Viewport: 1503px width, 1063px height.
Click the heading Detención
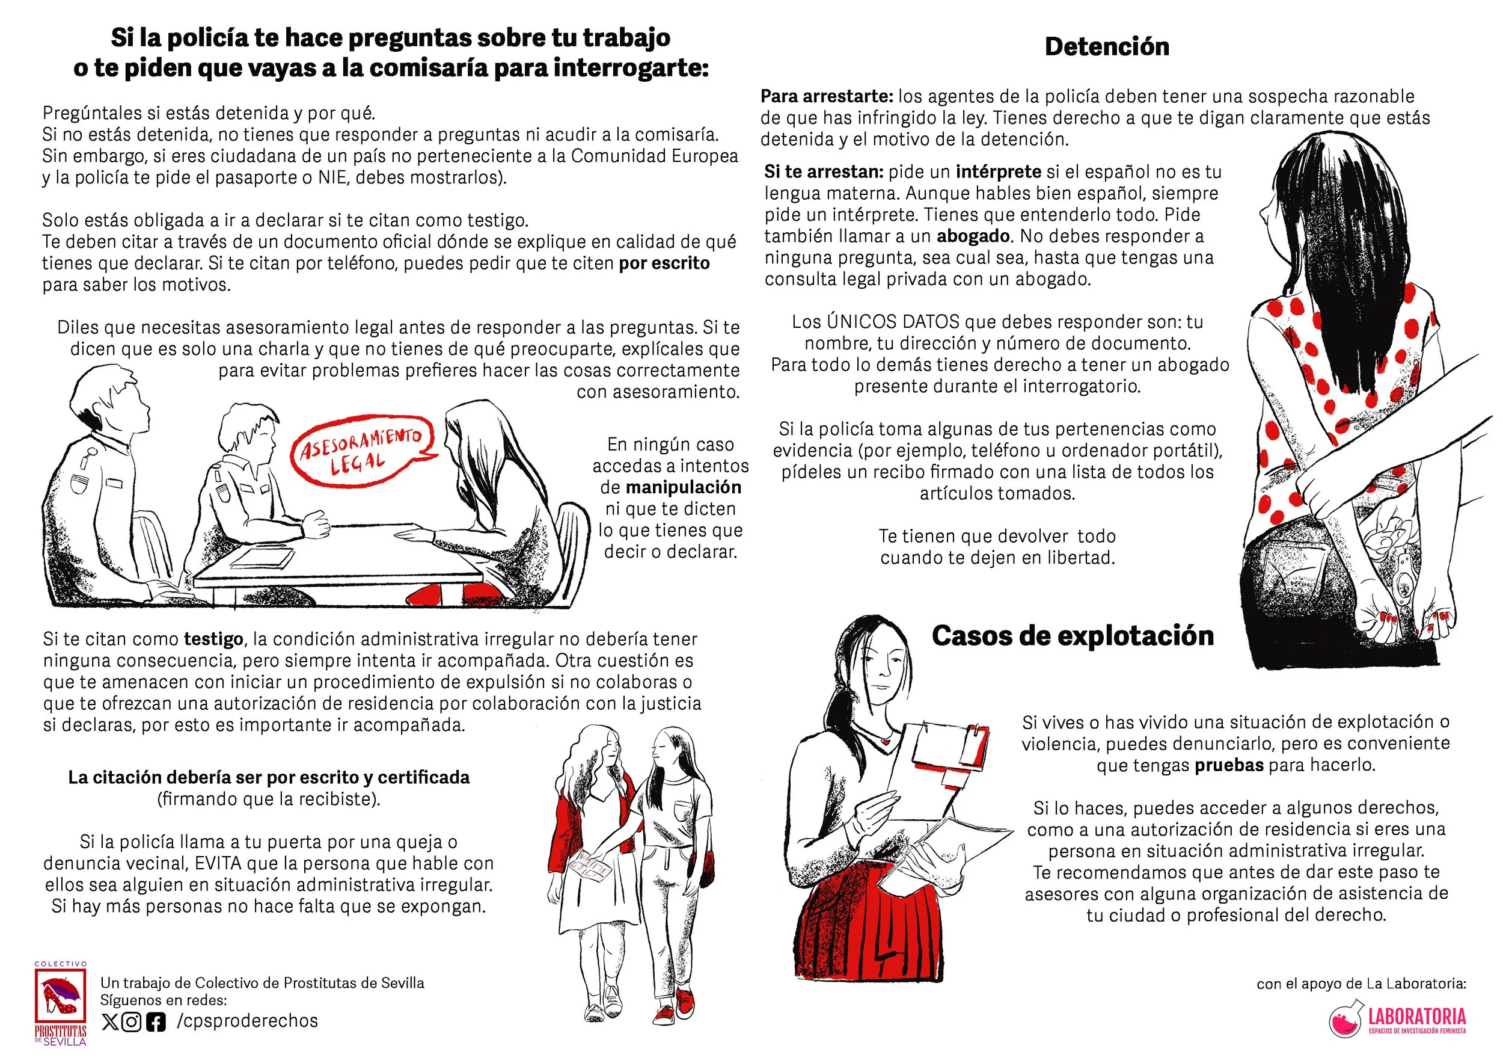pyautogui.click(x=1106, y=46)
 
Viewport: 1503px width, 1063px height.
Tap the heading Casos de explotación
pyautogui.click(x=1073, y=636)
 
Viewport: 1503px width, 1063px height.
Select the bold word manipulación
pyautogui.click(x=684, y=487)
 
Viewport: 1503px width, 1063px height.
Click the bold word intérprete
pyautogui.click(x=998, y=171)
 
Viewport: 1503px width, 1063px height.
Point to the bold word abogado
pyautogui.click(x=973, y=236)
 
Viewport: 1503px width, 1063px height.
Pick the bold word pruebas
pyautogui.click(x=1229, y=765)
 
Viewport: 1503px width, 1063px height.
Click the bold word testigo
pyautogui.click(x=213, y=639)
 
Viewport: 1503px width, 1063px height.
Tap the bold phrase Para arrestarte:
pyautogui.click(x=827, y=96)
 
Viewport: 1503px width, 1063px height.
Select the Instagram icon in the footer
pyautogui.click(x=132, y=1021)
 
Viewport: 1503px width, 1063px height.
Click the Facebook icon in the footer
pyautogui.click(x=156, y=1021)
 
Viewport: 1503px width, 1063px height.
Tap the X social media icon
pyautogui.click(x=110, y=1021)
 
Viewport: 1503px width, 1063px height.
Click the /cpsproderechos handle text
pyautogui.click(x=248, y=1021)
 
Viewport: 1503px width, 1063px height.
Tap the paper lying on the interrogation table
pyautogui.click(x=262, y=558)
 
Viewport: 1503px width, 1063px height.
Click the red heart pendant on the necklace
pyautogui.click(x=885, y=742)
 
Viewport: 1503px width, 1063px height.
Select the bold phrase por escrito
pyautogui.click(x=664, y=263)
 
